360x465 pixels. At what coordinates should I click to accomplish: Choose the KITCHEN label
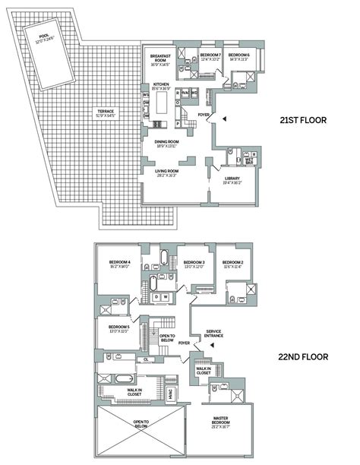tap(161, 86)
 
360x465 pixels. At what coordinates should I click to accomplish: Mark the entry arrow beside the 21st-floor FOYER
tap(215, 116)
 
